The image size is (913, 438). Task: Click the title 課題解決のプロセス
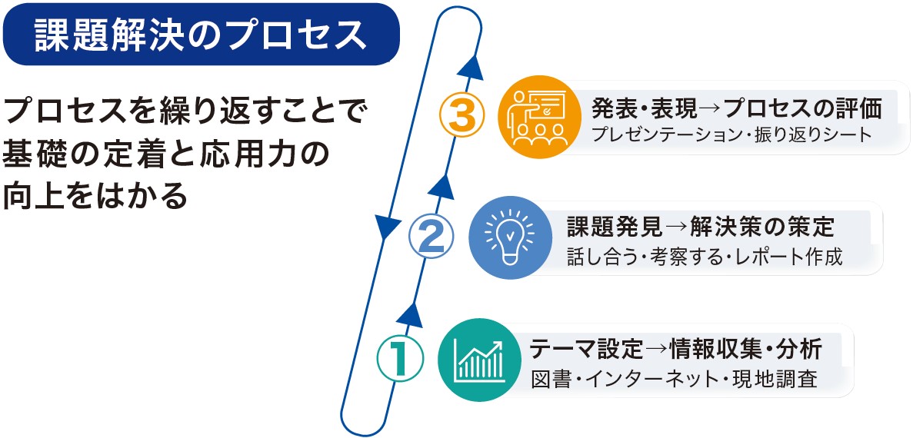pos(201,35)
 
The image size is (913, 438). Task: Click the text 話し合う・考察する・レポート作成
pos(705,257)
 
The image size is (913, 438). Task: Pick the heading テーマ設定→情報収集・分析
pos(675,350)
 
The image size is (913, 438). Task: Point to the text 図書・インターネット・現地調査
pos(675,380)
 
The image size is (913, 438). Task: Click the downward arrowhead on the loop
pos(385,227)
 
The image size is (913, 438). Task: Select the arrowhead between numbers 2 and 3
pos(444,186)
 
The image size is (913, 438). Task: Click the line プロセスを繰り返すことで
pos(183,111)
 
